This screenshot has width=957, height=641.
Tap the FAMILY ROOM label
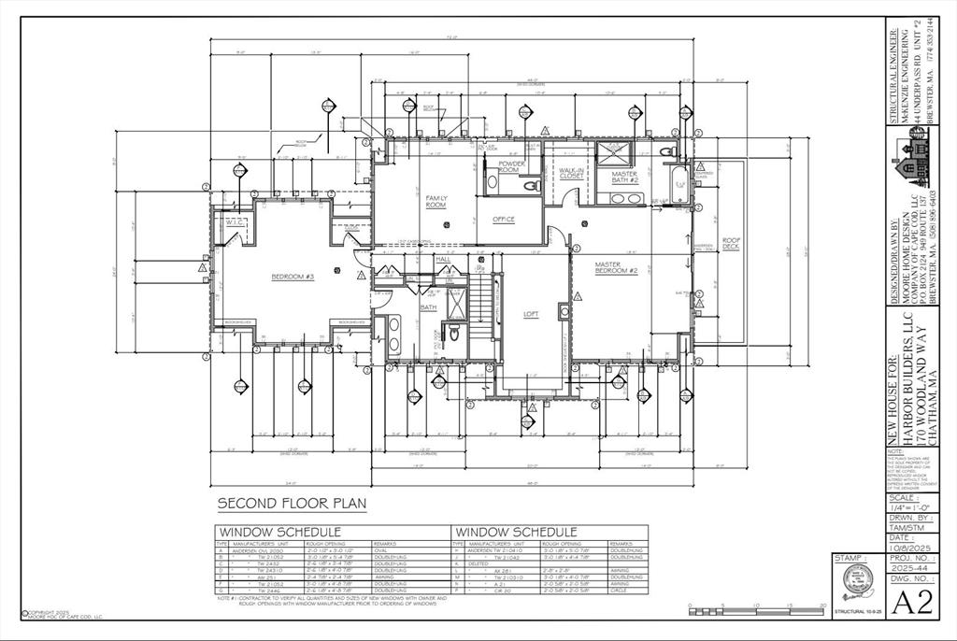[436, 201]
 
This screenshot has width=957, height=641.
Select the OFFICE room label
[504, 220]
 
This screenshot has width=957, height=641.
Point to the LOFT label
[531, 314]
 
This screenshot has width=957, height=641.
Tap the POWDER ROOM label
[513, 166]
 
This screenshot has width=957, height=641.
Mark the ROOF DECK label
[731, 245]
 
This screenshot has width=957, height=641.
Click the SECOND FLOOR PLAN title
[292, 504]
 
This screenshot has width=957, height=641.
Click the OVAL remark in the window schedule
[382, 550]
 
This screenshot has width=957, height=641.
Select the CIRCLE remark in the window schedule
[618, 591]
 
